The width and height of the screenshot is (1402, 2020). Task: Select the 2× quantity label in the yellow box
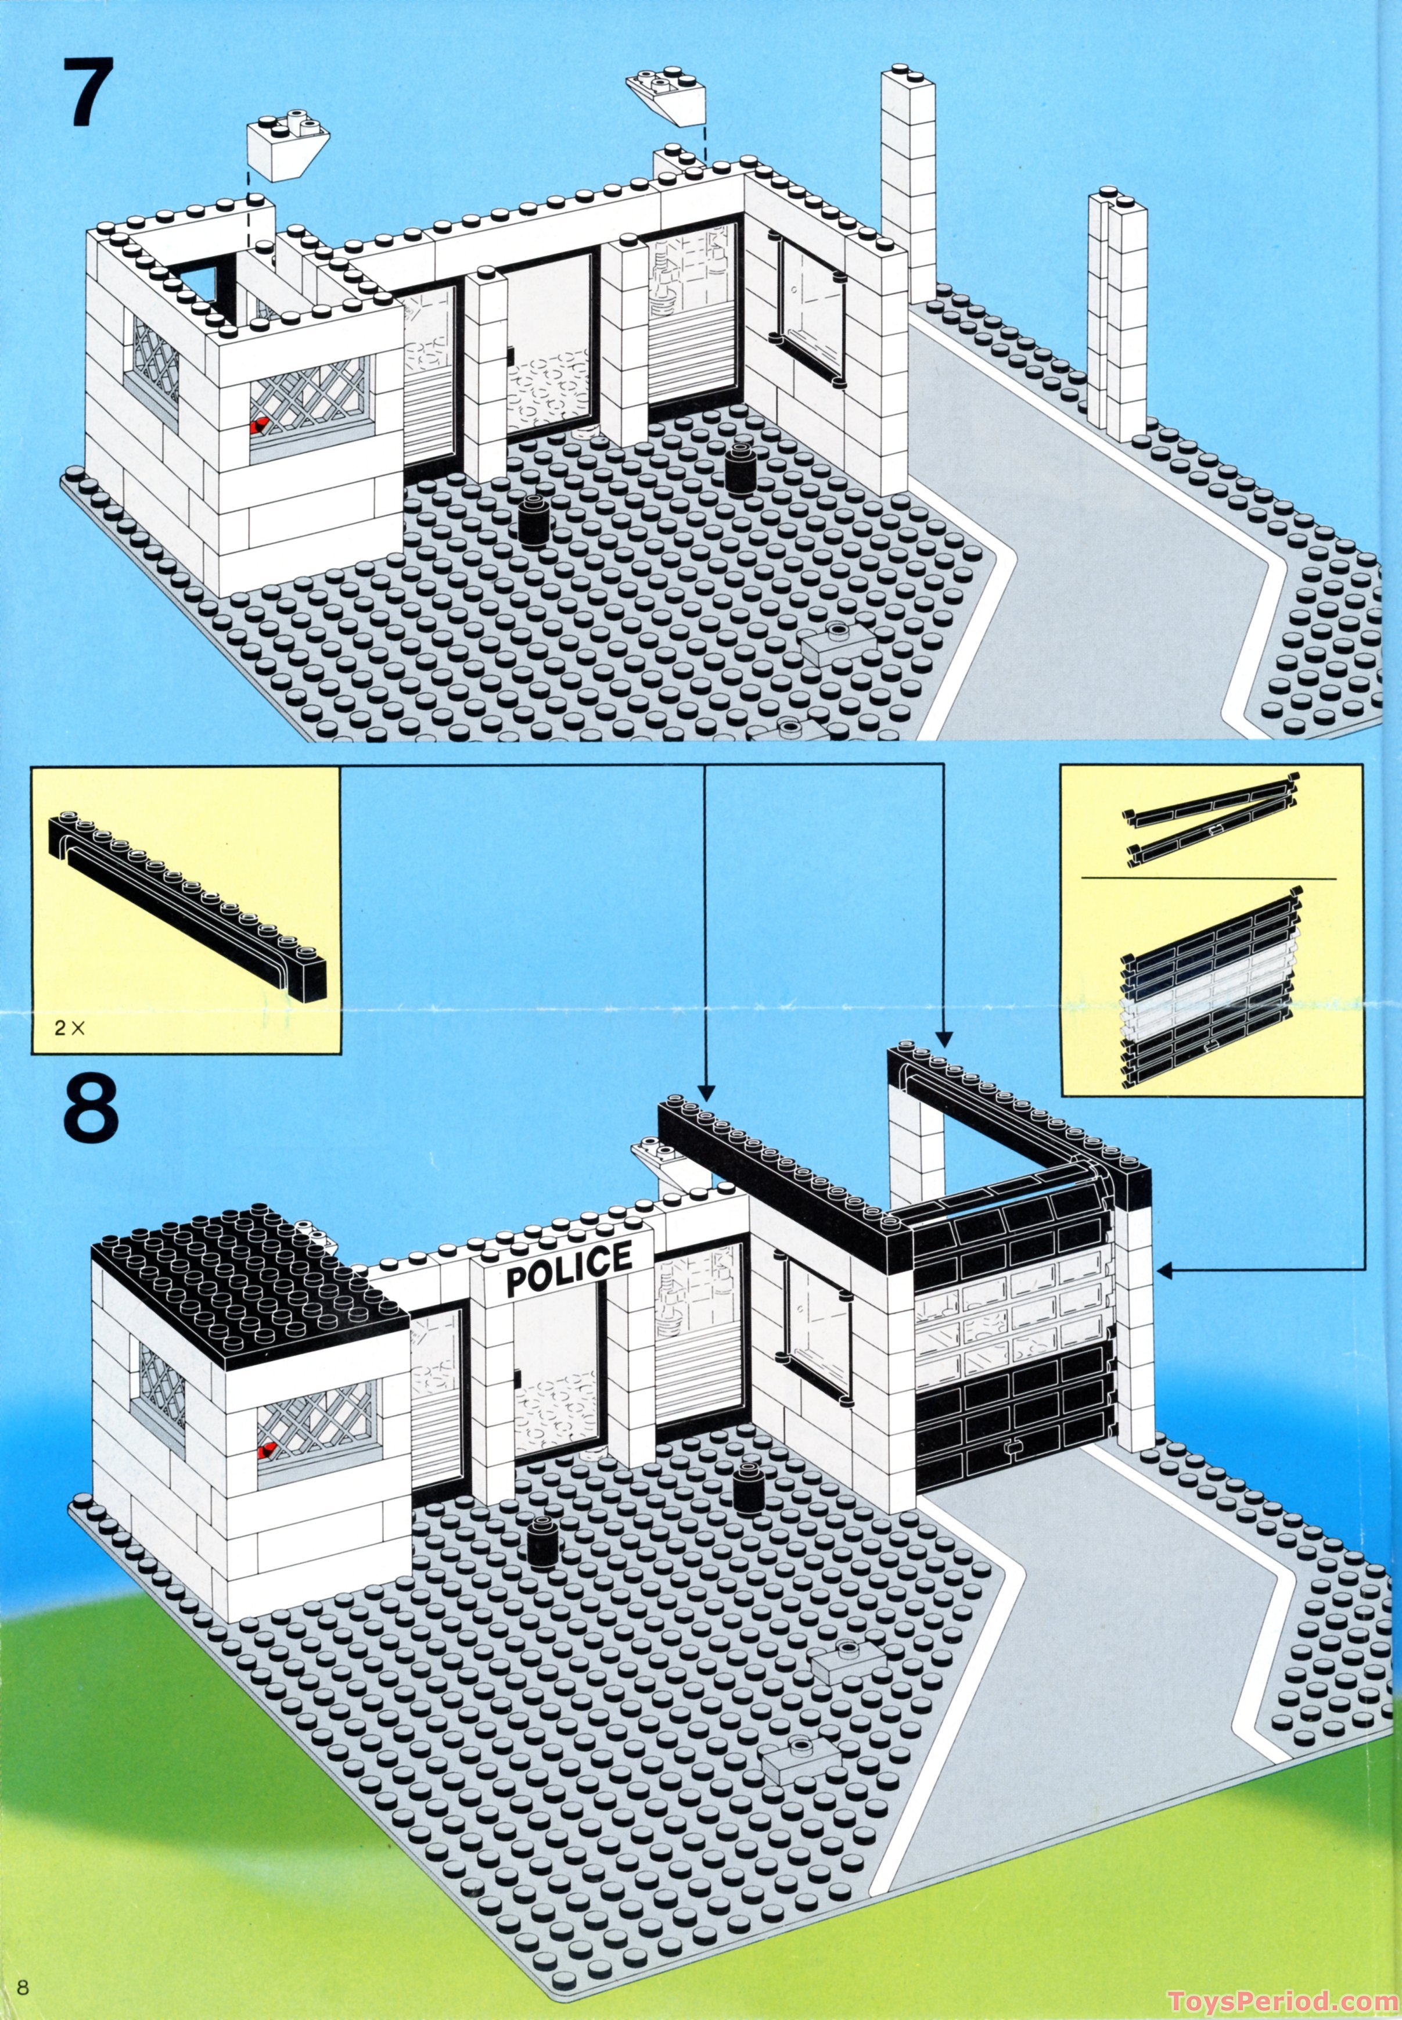point(69,1027)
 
